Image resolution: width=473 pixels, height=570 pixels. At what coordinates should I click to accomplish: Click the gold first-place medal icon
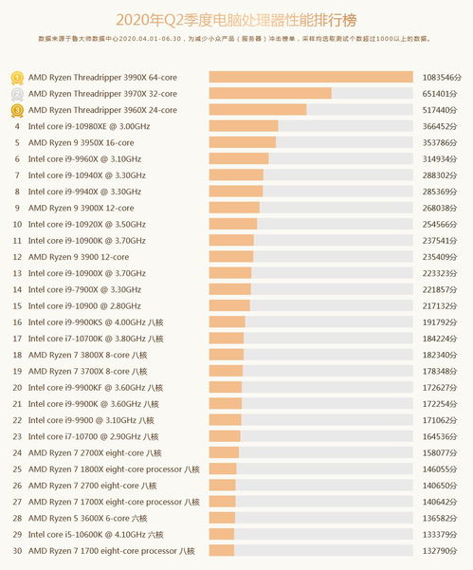[x=17, y=78]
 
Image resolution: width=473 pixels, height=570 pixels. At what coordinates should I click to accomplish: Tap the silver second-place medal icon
[x=17, y=94]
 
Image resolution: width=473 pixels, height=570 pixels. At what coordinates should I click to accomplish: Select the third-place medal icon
[x=17, y=111]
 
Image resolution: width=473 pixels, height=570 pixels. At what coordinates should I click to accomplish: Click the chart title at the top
[x=236, y=20]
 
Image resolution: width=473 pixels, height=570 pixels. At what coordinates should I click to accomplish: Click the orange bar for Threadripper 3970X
[x=270, y=93]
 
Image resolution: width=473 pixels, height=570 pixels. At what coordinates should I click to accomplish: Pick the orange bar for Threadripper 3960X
[x=258, y=109]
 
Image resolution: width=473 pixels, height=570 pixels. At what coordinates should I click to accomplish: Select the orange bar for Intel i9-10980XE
[x=244, y=126]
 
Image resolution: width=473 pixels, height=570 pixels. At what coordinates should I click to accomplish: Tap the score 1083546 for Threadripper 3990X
[x=442, y=78]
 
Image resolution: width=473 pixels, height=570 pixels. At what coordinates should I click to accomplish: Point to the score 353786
[x=440, y=143]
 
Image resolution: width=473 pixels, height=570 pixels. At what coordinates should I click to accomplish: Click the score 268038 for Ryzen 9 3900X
[x=440, y=208]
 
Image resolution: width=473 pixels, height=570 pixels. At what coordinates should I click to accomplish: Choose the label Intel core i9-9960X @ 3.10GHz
[x=84, y=158]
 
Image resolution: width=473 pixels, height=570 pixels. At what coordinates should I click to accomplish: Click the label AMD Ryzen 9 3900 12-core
[x=79, y=257]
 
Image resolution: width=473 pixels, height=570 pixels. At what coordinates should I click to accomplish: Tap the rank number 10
[x=17, y=224]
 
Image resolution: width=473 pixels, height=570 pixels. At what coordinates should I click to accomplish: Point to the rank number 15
[x=17, y=306]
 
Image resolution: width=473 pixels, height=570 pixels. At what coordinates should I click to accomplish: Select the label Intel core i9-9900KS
[x=96, y=322]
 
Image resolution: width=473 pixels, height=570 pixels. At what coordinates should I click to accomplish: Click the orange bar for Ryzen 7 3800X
[x=226, y=355]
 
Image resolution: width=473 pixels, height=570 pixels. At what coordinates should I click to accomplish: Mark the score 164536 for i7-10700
[x=440, y=436]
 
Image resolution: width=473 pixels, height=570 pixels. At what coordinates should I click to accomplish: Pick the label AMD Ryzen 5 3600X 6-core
[x=87, y=519]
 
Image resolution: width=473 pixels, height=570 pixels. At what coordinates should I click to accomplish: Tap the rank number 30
[x=17, y=551]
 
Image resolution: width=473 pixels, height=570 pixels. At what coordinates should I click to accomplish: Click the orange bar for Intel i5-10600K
[x=222, y=534]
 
